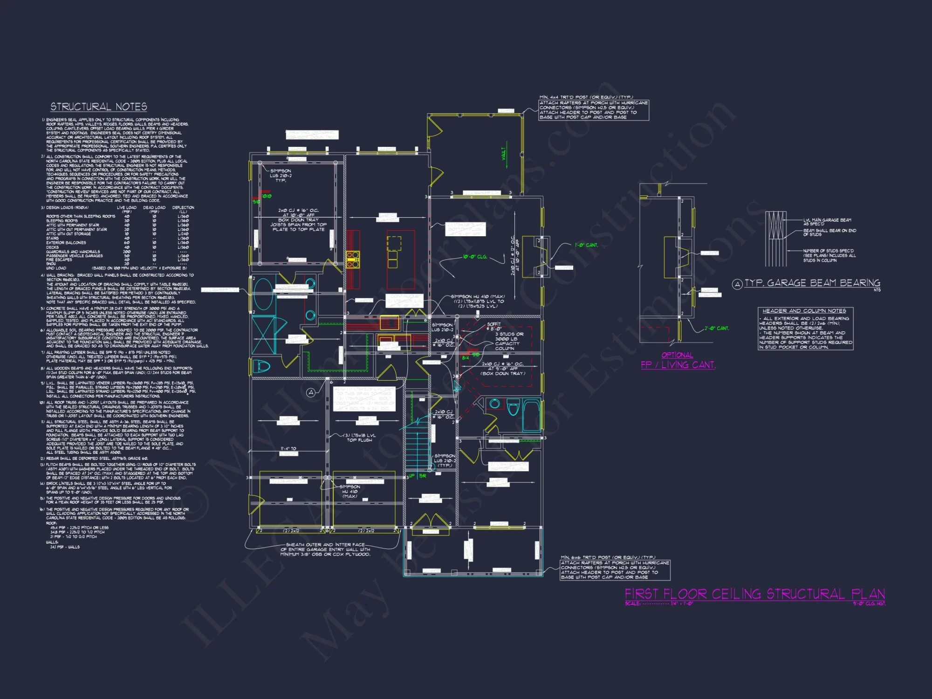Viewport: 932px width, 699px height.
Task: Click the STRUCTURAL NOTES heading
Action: (99, 107)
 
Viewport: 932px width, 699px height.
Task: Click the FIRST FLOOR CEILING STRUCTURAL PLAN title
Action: (754, 594)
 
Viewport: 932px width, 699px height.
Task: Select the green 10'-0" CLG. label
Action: (475, 257)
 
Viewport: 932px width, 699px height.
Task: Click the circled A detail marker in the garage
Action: (311, 393)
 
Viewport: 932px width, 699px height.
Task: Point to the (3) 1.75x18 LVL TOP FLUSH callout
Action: (359, 438)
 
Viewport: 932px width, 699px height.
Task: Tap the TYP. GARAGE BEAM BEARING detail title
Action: (812, 283)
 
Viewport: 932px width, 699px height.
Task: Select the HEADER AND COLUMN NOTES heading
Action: (804, 311)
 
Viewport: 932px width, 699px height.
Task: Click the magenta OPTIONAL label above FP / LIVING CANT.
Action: (677, 355)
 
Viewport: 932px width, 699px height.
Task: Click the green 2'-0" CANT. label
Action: (716, 328)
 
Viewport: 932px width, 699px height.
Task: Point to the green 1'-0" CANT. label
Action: (586, 245)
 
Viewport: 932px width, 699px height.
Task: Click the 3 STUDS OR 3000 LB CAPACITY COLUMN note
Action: (509, 341)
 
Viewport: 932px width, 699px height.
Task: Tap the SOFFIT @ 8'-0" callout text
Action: (494, 326)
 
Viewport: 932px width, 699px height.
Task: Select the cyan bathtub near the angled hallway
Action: (531, 415)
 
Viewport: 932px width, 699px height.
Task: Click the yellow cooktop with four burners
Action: (353, 260)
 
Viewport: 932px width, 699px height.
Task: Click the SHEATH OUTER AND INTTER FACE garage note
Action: (325, 549)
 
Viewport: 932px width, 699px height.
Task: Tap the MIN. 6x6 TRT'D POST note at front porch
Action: (615, 567)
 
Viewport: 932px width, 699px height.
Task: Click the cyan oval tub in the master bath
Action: (263, 294)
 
